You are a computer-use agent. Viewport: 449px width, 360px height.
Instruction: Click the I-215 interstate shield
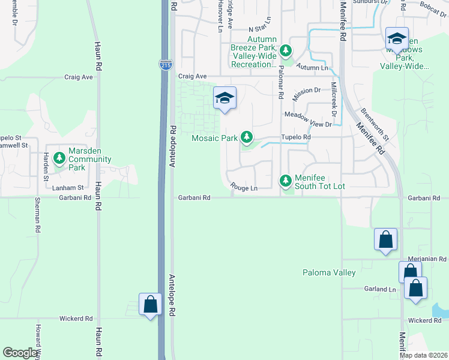[x=166, y=64]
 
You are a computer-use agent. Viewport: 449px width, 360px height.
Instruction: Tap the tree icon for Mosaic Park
[x=246, y=138]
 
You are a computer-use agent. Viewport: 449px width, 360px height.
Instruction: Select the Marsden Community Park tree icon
[x=59, y=158]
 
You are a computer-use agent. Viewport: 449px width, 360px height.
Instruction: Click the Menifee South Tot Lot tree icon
[x=286, y=180]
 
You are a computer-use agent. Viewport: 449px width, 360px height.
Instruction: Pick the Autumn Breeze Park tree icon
[x=287, y=51]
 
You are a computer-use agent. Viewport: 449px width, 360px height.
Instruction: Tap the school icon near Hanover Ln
[x=224, y=98]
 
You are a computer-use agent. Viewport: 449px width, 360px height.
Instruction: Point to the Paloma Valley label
[x=328, y=272]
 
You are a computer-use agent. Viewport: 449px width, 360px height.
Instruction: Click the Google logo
[x=20, y=353]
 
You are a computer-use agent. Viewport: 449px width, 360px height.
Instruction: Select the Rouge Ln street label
[x=245, y=188]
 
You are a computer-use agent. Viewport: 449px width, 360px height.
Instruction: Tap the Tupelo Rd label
[x=297, y=137]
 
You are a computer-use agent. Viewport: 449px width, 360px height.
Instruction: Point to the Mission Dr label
[x=307, y=90]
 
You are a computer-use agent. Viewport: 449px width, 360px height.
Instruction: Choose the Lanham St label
[x=67, y=188]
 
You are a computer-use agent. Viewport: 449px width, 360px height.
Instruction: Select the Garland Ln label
[x=381, y=289]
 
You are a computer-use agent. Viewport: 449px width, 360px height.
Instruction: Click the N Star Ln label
[x=261, y=29]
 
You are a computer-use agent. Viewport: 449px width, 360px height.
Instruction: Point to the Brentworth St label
[x=376, y=125]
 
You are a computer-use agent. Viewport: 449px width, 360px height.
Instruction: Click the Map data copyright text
[x=423, y=355]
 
